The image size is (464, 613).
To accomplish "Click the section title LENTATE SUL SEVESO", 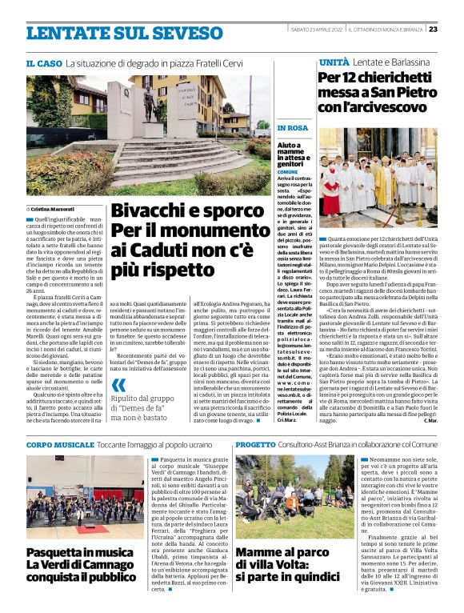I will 112,33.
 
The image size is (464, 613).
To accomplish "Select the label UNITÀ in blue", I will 334,62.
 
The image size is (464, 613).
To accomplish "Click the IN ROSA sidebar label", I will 292,128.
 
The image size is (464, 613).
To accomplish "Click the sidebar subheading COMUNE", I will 287,171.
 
